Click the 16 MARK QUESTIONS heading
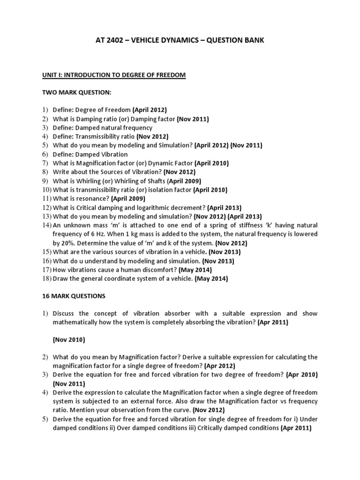point(74,296)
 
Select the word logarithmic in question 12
point(158,207)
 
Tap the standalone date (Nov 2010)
point(69,340)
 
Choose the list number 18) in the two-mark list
point(46,278)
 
